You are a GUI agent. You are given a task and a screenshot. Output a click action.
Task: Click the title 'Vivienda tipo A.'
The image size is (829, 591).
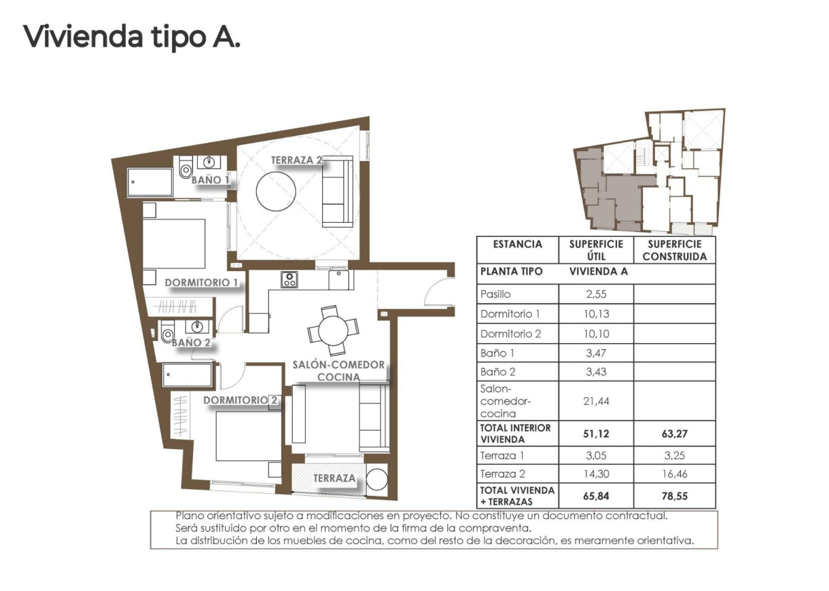(x=132, y=36)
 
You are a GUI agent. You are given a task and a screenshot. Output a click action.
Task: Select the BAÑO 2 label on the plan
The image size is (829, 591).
(x=191, y=342)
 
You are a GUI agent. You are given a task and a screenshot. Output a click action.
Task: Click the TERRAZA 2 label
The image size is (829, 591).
(x=296, y=160)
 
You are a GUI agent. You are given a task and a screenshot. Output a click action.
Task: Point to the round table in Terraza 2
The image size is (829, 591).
(x=275, y=192)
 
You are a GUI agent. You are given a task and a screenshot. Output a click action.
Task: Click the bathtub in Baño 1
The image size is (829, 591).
(x=150, y=182)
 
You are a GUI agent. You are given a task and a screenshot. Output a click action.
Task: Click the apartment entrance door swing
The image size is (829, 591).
(x=439, y=292)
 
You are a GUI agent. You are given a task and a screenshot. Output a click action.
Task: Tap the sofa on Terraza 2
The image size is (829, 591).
(x=338, y=191)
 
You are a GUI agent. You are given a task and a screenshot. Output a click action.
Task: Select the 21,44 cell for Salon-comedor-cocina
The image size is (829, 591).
(x=595, y=401)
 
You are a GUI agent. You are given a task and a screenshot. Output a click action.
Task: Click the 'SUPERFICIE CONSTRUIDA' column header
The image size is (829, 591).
(x=674, y=250)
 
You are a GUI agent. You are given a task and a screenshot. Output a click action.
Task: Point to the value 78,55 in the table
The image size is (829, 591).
(x=674, y=496)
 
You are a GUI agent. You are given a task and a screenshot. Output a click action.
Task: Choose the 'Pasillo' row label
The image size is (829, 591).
(x=495, y=294)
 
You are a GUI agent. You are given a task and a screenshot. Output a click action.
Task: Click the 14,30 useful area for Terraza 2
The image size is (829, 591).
(x=595, y=474)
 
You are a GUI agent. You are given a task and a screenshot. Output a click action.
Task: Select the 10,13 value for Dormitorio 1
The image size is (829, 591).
(x=595, y=314)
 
